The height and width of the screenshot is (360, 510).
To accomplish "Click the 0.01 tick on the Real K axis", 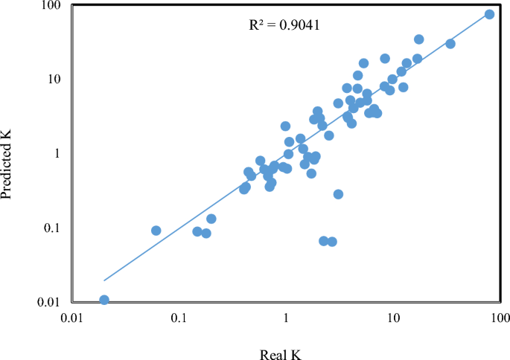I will [71, 318].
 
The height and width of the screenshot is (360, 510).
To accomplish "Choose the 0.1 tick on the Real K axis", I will [179, 318].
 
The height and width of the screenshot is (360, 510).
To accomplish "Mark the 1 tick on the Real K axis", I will [286, 318].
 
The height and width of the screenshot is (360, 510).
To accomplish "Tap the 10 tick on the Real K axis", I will [393, 318].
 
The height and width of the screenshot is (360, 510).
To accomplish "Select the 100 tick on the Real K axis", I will [500, 318].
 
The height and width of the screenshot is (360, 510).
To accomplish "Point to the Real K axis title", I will [280, 352].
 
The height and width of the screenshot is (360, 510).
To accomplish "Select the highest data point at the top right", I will [489, 14].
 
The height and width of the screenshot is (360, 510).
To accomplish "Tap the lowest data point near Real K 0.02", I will [104, 300].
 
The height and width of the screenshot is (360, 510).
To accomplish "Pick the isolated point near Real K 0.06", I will [156, 231].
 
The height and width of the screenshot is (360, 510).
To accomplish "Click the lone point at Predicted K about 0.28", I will [338, 194].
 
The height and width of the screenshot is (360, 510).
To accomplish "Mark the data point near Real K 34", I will [450, 44].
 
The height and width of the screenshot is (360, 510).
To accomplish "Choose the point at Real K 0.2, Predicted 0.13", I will [211, 219].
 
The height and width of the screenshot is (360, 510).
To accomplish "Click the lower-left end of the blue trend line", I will [104, 280].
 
